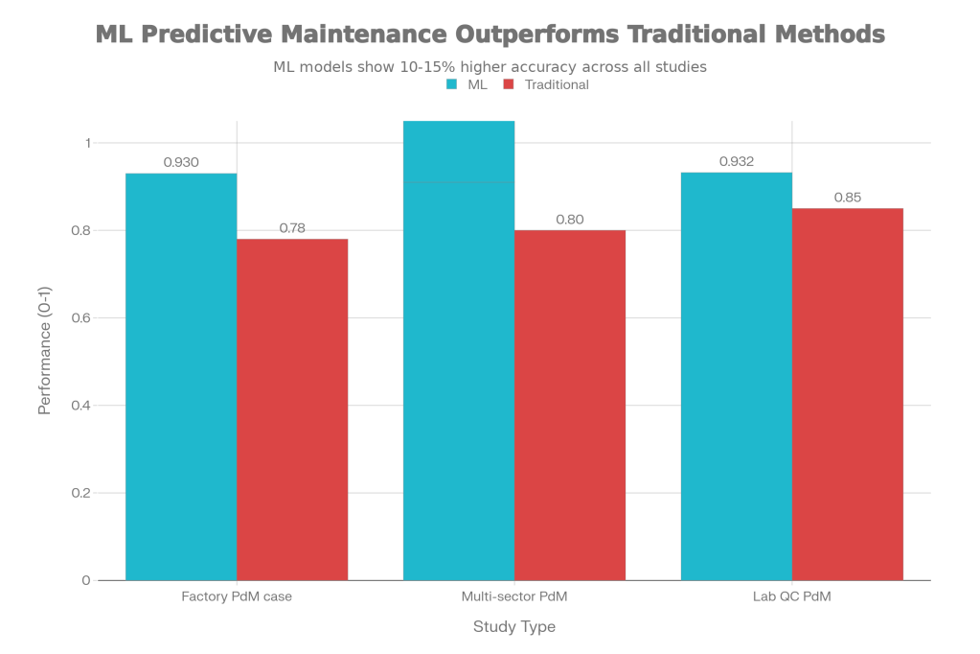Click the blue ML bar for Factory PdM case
pos(181,376)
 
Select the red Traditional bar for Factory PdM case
pos(292,409)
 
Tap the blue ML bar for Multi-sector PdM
pos(459,350)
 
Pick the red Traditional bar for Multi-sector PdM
pos(570,405)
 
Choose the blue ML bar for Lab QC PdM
pos(736,376)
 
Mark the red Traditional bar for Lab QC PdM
pos(848,393)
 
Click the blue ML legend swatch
pos(451,85)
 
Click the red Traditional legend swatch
pos(510,85)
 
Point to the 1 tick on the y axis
pos(87,143)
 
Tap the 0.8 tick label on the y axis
pos(83,230)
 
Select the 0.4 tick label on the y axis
pos(83,406)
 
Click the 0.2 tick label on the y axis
pos(83,493)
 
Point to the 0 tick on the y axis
pos(87,580)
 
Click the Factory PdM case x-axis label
pos(237,596)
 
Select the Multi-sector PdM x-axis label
pos(513,596)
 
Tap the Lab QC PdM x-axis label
pos(791,596)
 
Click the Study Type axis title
pos(513,627)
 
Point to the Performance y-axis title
pos(45,350)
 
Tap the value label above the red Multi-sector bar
pos(570,220)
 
